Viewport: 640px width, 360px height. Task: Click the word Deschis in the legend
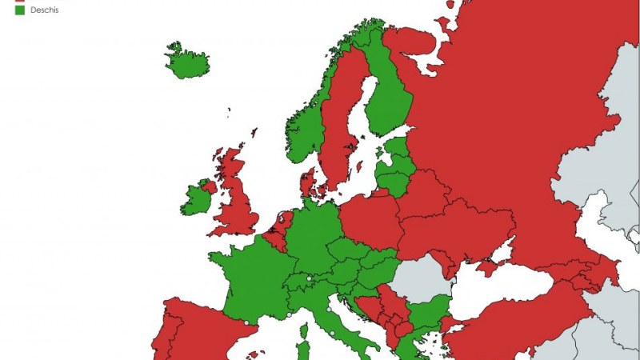tap(44, 10)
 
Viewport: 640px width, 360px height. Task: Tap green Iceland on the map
tap(186, 61)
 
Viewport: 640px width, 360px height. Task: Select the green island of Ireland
tap(195, 201)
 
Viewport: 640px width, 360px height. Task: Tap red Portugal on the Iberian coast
tap(169, 336)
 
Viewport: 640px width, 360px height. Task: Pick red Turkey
tap(520, 320)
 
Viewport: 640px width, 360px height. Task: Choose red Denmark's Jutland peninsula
tap(307, 181)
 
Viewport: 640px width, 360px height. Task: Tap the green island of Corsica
tap(303, 350)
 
